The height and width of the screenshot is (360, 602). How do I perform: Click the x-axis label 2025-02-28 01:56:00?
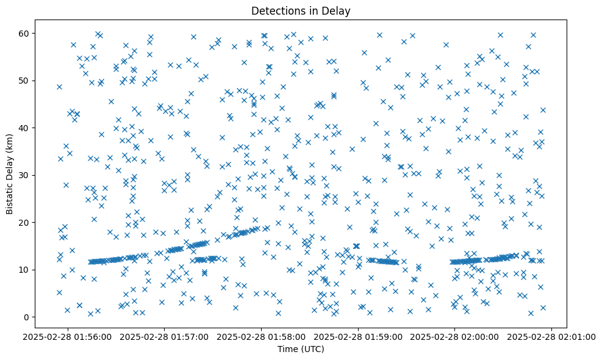coord(68,336)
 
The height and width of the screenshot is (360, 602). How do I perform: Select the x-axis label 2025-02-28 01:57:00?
coord(165,336)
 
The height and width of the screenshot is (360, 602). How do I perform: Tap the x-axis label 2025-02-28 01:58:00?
coord(262,336)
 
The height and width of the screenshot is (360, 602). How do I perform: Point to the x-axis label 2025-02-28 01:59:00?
coord(359,336)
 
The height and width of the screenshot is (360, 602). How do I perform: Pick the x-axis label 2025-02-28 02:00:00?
coord(456,336)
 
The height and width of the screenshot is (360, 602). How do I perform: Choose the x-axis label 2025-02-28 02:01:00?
coord(552,336)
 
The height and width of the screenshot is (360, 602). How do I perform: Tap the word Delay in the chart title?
coord(339,10)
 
